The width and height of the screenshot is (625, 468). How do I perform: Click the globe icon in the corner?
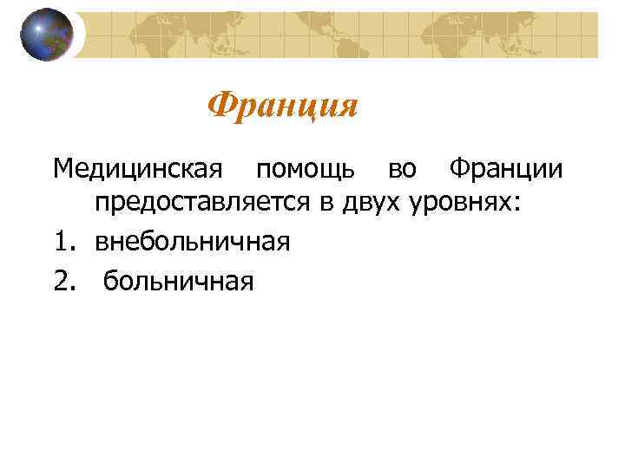[x=48, y=34]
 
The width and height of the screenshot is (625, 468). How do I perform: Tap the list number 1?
[x=58, y=241]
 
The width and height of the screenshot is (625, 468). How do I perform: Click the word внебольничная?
[x=192, y=241]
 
